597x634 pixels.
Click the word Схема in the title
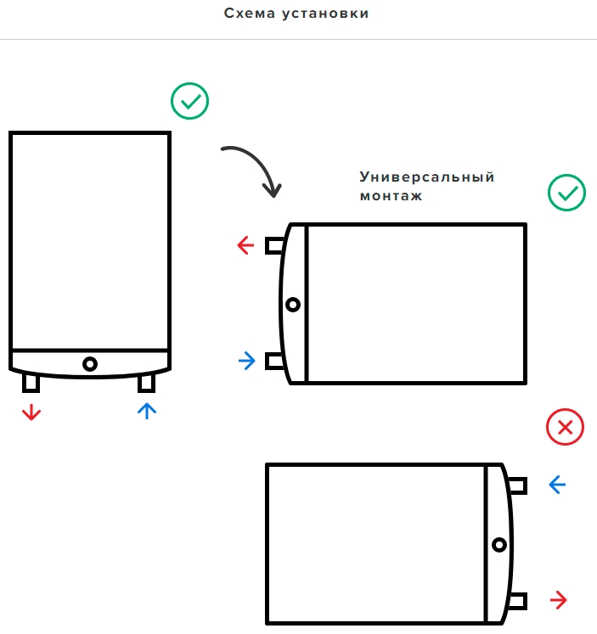tap(250, 14)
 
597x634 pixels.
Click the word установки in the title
tap(325, 14)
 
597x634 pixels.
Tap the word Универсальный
tap(427, 177)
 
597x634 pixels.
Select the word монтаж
tap(391, 196)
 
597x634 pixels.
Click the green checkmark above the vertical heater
tap(189, 101)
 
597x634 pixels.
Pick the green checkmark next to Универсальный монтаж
tap(566, 193)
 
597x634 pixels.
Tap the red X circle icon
tap(565, 427)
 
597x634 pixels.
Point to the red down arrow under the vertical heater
tap(31, 412)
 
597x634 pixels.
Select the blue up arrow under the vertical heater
tap(147, 411)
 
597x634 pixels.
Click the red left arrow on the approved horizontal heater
tap(245, 245)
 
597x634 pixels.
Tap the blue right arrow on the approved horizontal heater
tap(247, 361)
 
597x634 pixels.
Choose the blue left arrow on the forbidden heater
tap(557, 485)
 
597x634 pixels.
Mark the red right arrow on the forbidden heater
tap(559, 600)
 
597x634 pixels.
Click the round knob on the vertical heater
tap(90, 364)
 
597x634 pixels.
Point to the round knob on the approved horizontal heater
tap(293, 305)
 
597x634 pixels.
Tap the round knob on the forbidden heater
tap(499, 545)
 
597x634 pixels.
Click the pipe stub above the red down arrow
tap(31, 384)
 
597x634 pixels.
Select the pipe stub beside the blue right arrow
tap(275, 361)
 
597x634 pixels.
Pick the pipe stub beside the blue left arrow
tap(517, 485)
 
